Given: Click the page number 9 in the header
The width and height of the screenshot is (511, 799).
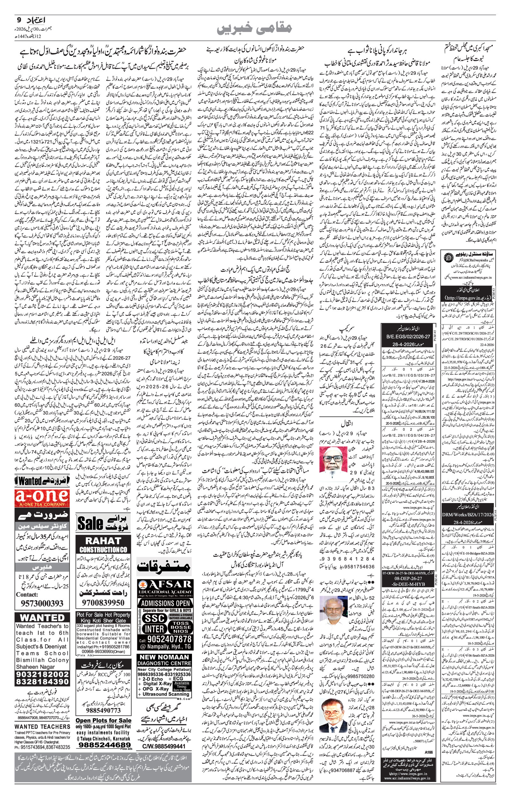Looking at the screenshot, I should click(19, 20).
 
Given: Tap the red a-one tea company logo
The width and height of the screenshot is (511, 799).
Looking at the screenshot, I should click(42, 498).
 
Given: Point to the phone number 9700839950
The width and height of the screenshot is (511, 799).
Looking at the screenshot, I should click(103, 602).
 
